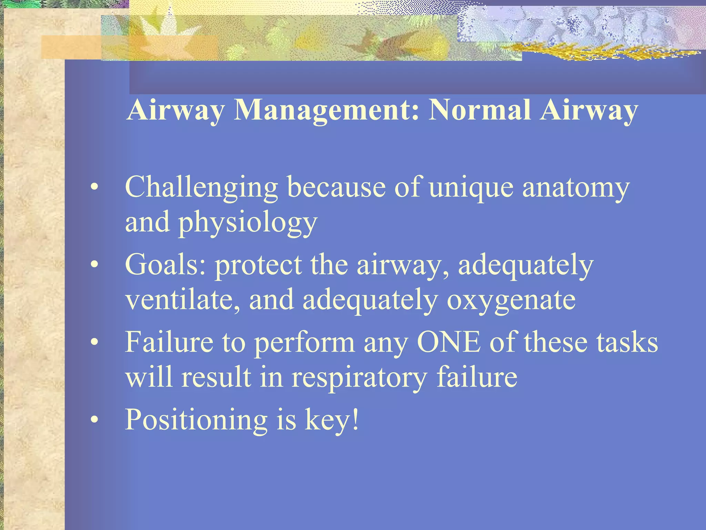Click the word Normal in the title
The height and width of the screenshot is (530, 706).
479,110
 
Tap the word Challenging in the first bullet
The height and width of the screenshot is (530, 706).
201,188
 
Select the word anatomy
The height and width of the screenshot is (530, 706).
576,188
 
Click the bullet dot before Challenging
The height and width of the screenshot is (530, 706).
94,188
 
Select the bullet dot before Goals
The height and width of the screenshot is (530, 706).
94,265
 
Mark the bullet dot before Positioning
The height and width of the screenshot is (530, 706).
94,420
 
